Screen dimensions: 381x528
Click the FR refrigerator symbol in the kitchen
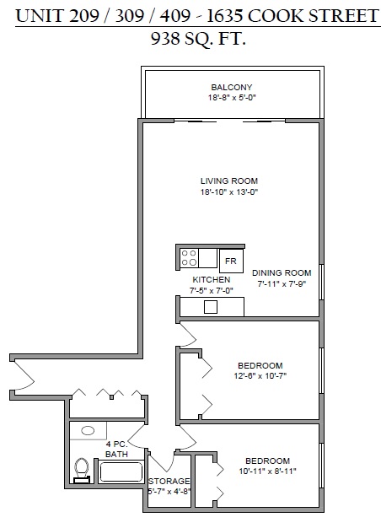pyautogui.click(x=231, y=261)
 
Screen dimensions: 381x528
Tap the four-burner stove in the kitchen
pyautogui.click(x=189, y=258)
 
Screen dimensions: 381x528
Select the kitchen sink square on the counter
pyautogui.click(x=211, y=307)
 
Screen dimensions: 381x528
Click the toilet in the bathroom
pyautogui.click(x=82, y=471)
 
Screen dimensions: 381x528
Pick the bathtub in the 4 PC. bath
pyautogui.click(x=121, y=471)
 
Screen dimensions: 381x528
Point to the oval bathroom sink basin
pyautogui.click(x=88, y=430)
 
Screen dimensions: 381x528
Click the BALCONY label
pyautogui.click(x=232, y=87)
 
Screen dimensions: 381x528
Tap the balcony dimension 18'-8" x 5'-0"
pyautogui.click(x=233, y=98)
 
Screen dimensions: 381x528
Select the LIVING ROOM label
pyautogui.click(x=229, y=180)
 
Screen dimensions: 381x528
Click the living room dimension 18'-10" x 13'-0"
pyautogui.click(x=229, y=192)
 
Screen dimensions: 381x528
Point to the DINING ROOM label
pyautogui.click(x=282, y=272)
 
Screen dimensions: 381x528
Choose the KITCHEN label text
pyautogui.click(x=212, y=279)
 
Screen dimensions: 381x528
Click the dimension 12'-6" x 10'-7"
pyautogui.click(x=260, y=376)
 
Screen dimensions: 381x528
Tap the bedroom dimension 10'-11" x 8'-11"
pyautogui.click(x=267, y=471)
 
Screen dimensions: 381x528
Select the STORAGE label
pyautogui.click(x=169, y=482)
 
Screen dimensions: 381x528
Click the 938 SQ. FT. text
pyautogui.click(x=198, y=39)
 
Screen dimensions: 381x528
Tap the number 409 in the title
pyautogui.click(x=174, y=16)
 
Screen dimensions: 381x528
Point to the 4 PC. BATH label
pyautogui.click(x=117, y=450)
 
